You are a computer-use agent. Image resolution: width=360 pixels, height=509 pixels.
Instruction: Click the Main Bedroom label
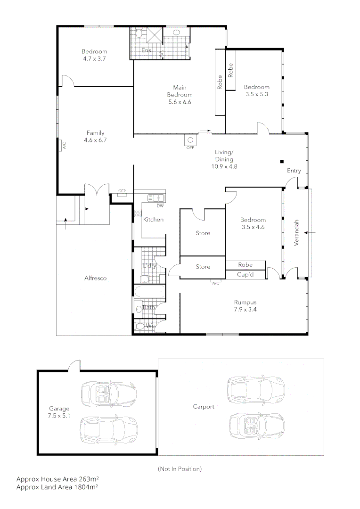(180, 91)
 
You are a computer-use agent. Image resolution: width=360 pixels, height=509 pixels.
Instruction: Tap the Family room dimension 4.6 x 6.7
(95, 140)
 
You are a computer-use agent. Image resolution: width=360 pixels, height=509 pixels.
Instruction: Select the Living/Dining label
(224, 156)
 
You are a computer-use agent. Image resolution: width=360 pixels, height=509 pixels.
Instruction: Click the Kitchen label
(153, 220)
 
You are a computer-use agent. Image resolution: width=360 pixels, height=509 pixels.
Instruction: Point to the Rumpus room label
(245, 302)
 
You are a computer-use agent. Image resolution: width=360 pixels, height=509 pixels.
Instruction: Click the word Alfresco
(95, 278)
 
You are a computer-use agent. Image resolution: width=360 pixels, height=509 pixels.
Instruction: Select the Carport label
(204, 406)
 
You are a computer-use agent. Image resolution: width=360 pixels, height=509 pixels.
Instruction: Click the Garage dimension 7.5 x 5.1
(58, 416)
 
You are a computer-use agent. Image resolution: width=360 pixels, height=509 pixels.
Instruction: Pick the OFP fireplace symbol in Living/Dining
(190, 140)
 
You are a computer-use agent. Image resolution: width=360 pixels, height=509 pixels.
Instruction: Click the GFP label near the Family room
(122, 191)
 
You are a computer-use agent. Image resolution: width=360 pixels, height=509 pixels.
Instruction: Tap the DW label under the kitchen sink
(160, 205)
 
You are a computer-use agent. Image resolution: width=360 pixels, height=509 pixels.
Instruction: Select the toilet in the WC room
(140, 326)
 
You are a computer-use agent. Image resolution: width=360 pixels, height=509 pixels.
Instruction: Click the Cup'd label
(245, 274)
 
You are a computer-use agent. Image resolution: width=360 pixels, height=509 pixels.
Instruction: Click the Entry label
(294, 171)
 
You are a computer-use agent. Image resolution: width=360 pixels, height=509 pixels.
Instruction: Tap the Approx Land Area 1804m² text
(57, 487)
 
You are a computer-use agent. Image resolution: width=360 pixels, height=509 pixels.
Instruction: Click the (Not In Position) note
(180, 468)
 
